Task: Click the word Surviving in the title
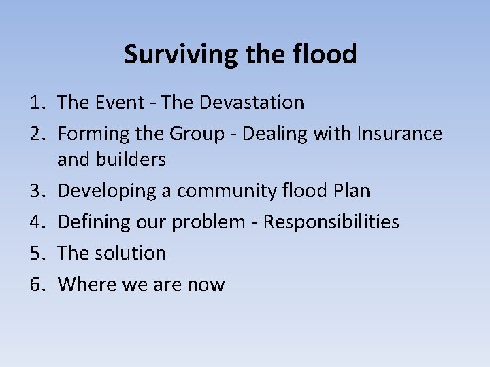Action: click(x=179, y=54)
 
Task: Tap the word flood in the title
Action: click(x=326, y=54)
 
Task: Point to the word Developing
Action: click(x=106, y=191)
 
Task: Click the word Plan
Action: click(x=352, y=191)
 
